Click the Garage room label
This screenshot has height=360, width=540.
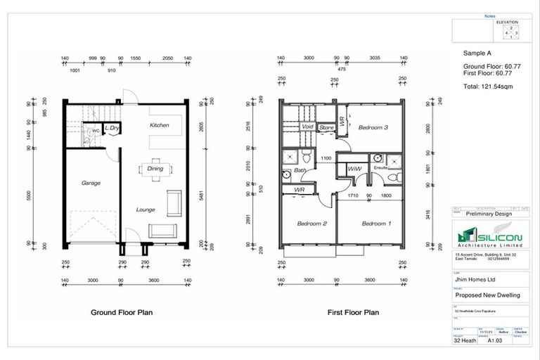click(90, 184)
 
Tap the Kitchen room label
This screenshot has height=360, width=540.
click(160, 125)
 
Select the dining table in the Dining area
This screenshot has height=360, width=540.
click(153, 169)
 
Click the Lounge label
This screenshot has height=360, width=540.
click(146, 210)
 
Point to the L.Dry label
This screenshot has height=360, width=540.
click(110, 129)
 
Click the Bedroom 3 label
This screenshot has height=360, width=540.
click(374, 128)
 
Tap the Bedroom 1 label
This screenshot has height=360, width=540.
click(375, 224)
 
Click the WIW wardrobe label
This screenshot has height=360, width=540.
click(354, 169)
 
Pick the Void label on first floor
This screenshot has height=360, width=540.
click(307, 127)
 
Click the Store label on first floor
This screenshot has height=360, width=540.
click(326, 127)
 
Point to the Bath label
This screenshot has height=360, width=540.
click(300, 170)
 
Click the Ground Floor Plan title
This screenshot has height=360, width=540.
click(123, 311)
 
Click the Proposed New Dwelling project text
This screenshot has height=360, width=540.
click(487, 295)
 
